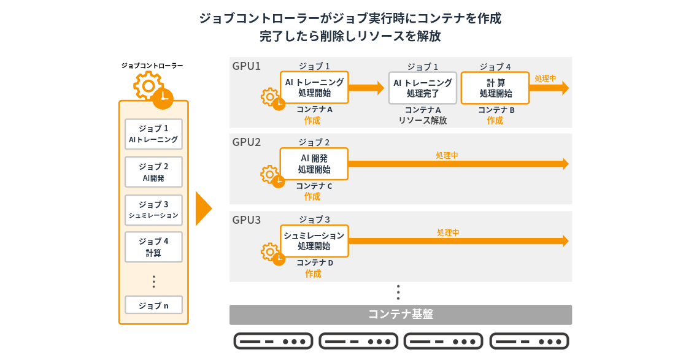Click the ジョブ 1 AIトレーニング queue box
point(153,134)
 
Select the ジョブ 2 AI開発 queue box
point(153,172)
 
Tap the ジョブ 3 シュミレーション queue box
point(153,210)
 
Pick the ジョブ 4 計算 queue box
point(153,247)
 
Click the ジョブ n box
point(153,305)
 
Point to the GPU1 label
point(247,66)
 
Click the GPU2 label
point(247,142)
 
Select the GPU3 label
point(247,220)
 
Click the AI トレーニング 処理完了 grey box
point(423,88)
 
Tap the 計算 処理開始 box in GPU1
point(495,88)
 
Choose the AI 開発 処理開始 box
point(314,164)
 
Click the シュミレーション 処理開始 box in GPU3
point(314,240)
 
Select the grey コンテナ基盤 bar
point(400,315)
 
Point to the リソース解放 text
point(423,121)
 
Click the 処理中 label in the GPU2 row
point(447,156)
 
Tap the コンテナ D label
point(315,263)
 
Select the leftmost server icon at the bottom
point(273,341)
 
